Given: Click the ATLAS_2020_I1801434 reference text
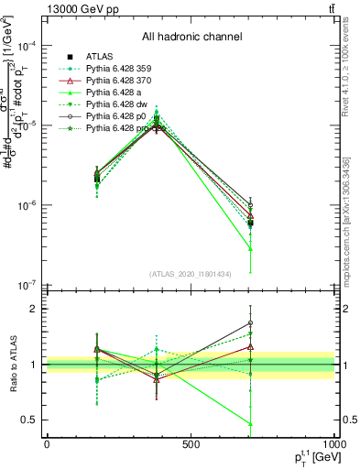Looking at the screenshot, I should [191, 274].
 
